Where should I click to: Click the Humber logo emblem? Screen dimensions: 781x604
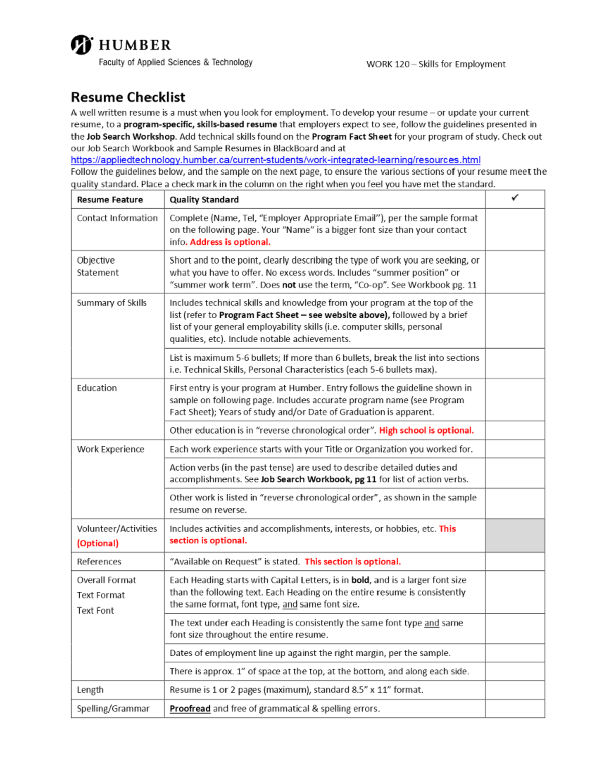coord(81,45)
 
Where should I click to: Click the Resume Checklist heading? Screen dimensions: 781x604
coord(128,97)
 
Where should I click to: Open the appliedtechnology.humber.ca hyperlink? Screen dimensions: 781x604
coord(275,160)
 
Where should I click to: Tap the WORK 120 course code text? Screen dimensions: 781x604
coord(388,64)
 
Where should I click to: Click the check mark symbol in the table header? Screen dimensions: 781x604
coord(514,198)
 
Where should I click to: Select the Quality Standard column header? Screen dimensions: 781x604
coord(204,200)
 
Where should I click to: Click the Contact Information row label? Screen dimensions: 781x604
coord(117,218)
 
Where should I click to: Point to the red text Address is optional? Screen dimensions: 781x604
coord(230,242)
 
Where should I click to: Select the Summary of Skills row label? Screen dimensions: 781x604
coord(112,303)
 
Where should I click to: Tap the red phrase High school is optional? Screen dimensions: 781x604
coord(426,430)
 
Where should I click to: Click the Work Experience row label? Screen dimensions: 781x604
coord(110,449)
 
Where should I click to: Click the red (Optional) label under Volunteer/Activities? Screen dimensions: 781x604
coord(98,543)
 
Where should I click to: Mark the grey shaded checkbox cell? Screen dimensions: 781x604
coord(514,536)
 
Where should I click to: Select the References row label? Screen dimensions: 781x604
coord(99,562)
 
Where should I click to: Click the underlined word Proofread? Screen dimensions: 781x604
coord(190,708)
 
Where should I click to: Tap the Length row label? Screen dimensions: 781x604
coord(90,690)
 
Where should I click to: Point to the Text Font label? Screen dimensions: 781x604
coord(95,610)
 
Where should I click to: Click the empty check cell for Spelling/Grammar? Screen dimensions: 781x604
coord(514,708)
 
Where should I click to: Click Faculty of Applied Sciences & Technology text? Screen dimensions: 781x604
coord(175,62)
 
